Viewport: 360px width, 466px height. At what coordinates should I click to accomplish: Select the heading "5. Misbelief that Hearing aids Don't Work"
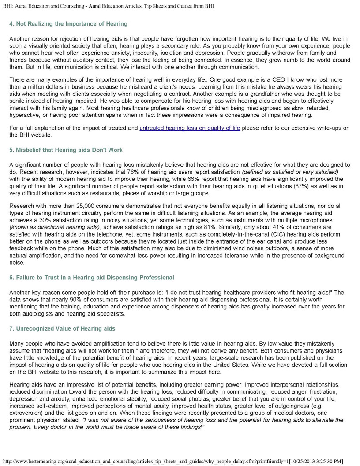66,150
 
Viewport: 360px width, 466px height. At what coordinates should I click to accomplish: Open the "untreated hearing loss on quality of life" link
190,128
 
